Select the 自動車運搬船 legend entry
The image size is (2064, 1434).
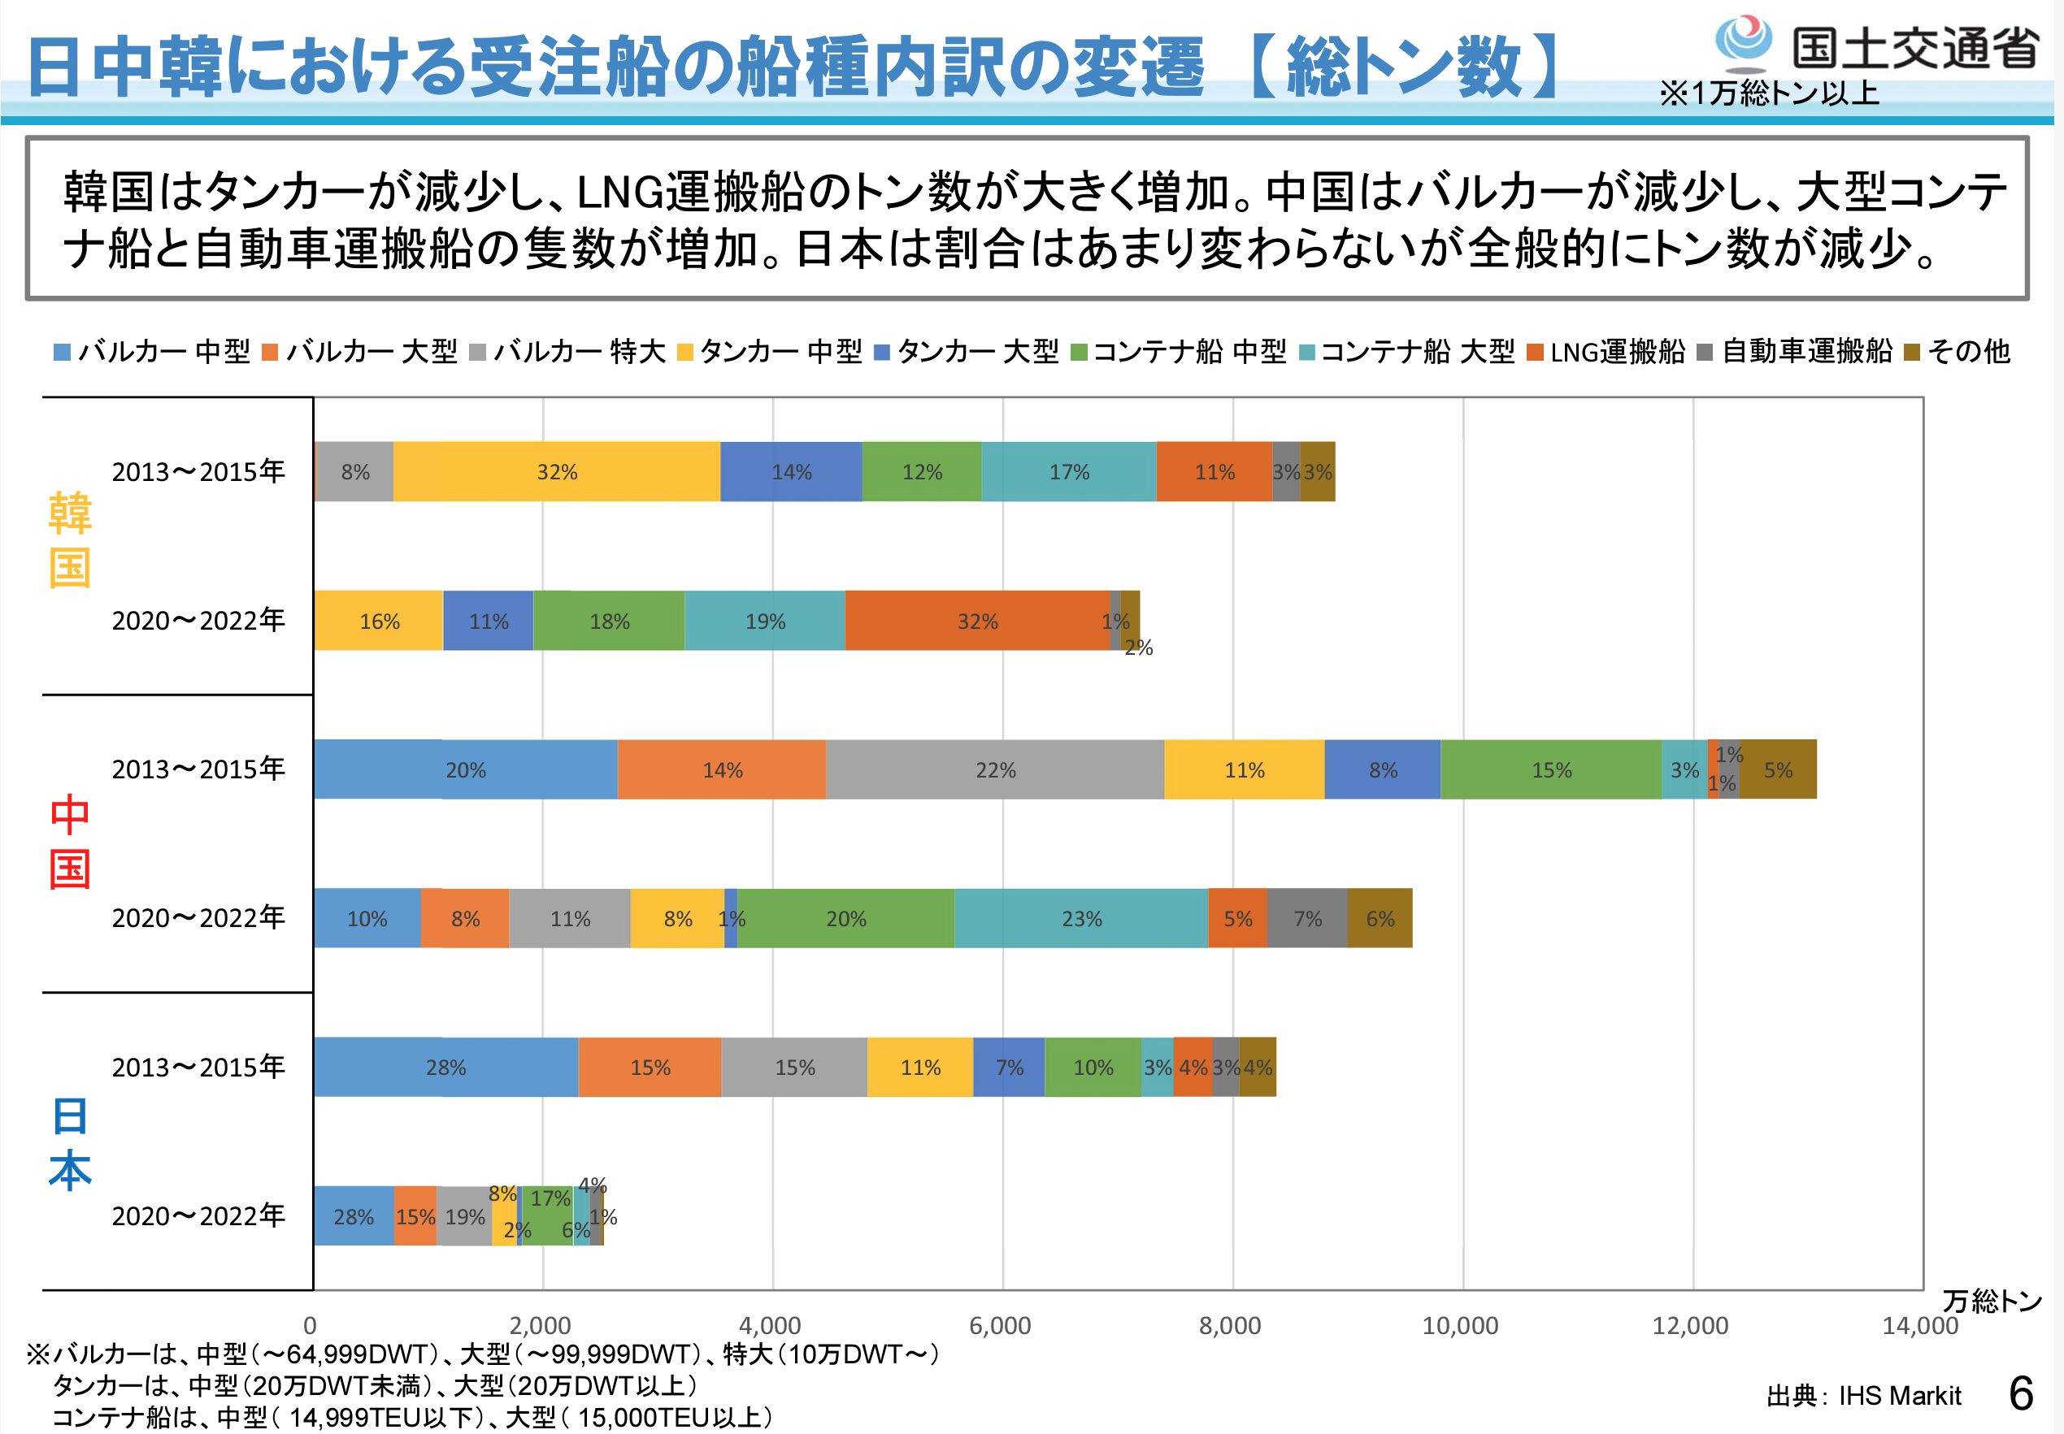coord(1797,351)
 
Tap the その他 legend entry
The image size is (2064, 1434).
coord(1959,351)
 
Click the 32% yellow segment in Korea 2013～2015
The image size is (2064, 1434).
coord(557,472)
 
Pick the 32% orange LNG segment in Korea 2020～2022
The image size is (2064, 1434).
coord(977,621)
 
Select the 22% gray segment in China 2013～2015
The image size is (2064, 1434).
coord(995,770)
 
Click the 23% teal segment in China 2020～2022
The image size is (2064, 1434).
coord(1081,918)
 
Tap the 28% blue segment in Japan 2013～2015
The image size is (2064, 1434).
coord(445,1068)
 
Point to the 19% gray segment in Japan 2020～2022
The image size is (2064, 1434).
coord(465,1216)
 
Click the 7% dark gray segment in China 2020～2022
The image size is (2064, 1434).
coord(1307,918)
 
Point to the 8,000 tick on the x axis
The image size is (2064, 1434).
coord(1230,1325)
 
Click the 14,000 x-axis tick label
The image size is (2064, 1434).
coord(1920,1325)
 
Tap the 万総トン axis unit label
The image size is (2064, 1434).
coord(1992,1300)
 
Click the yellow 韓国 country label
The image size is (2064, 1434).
coord(70,539)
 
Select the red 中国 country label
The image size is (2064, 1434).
coord(70,841)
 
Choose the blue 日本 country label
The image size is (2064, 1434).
coord(70,1143)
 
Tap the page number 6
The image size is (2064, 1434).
coord(2021,1393)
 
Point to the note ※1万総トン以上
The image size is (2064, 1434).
coord(1768,93)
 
